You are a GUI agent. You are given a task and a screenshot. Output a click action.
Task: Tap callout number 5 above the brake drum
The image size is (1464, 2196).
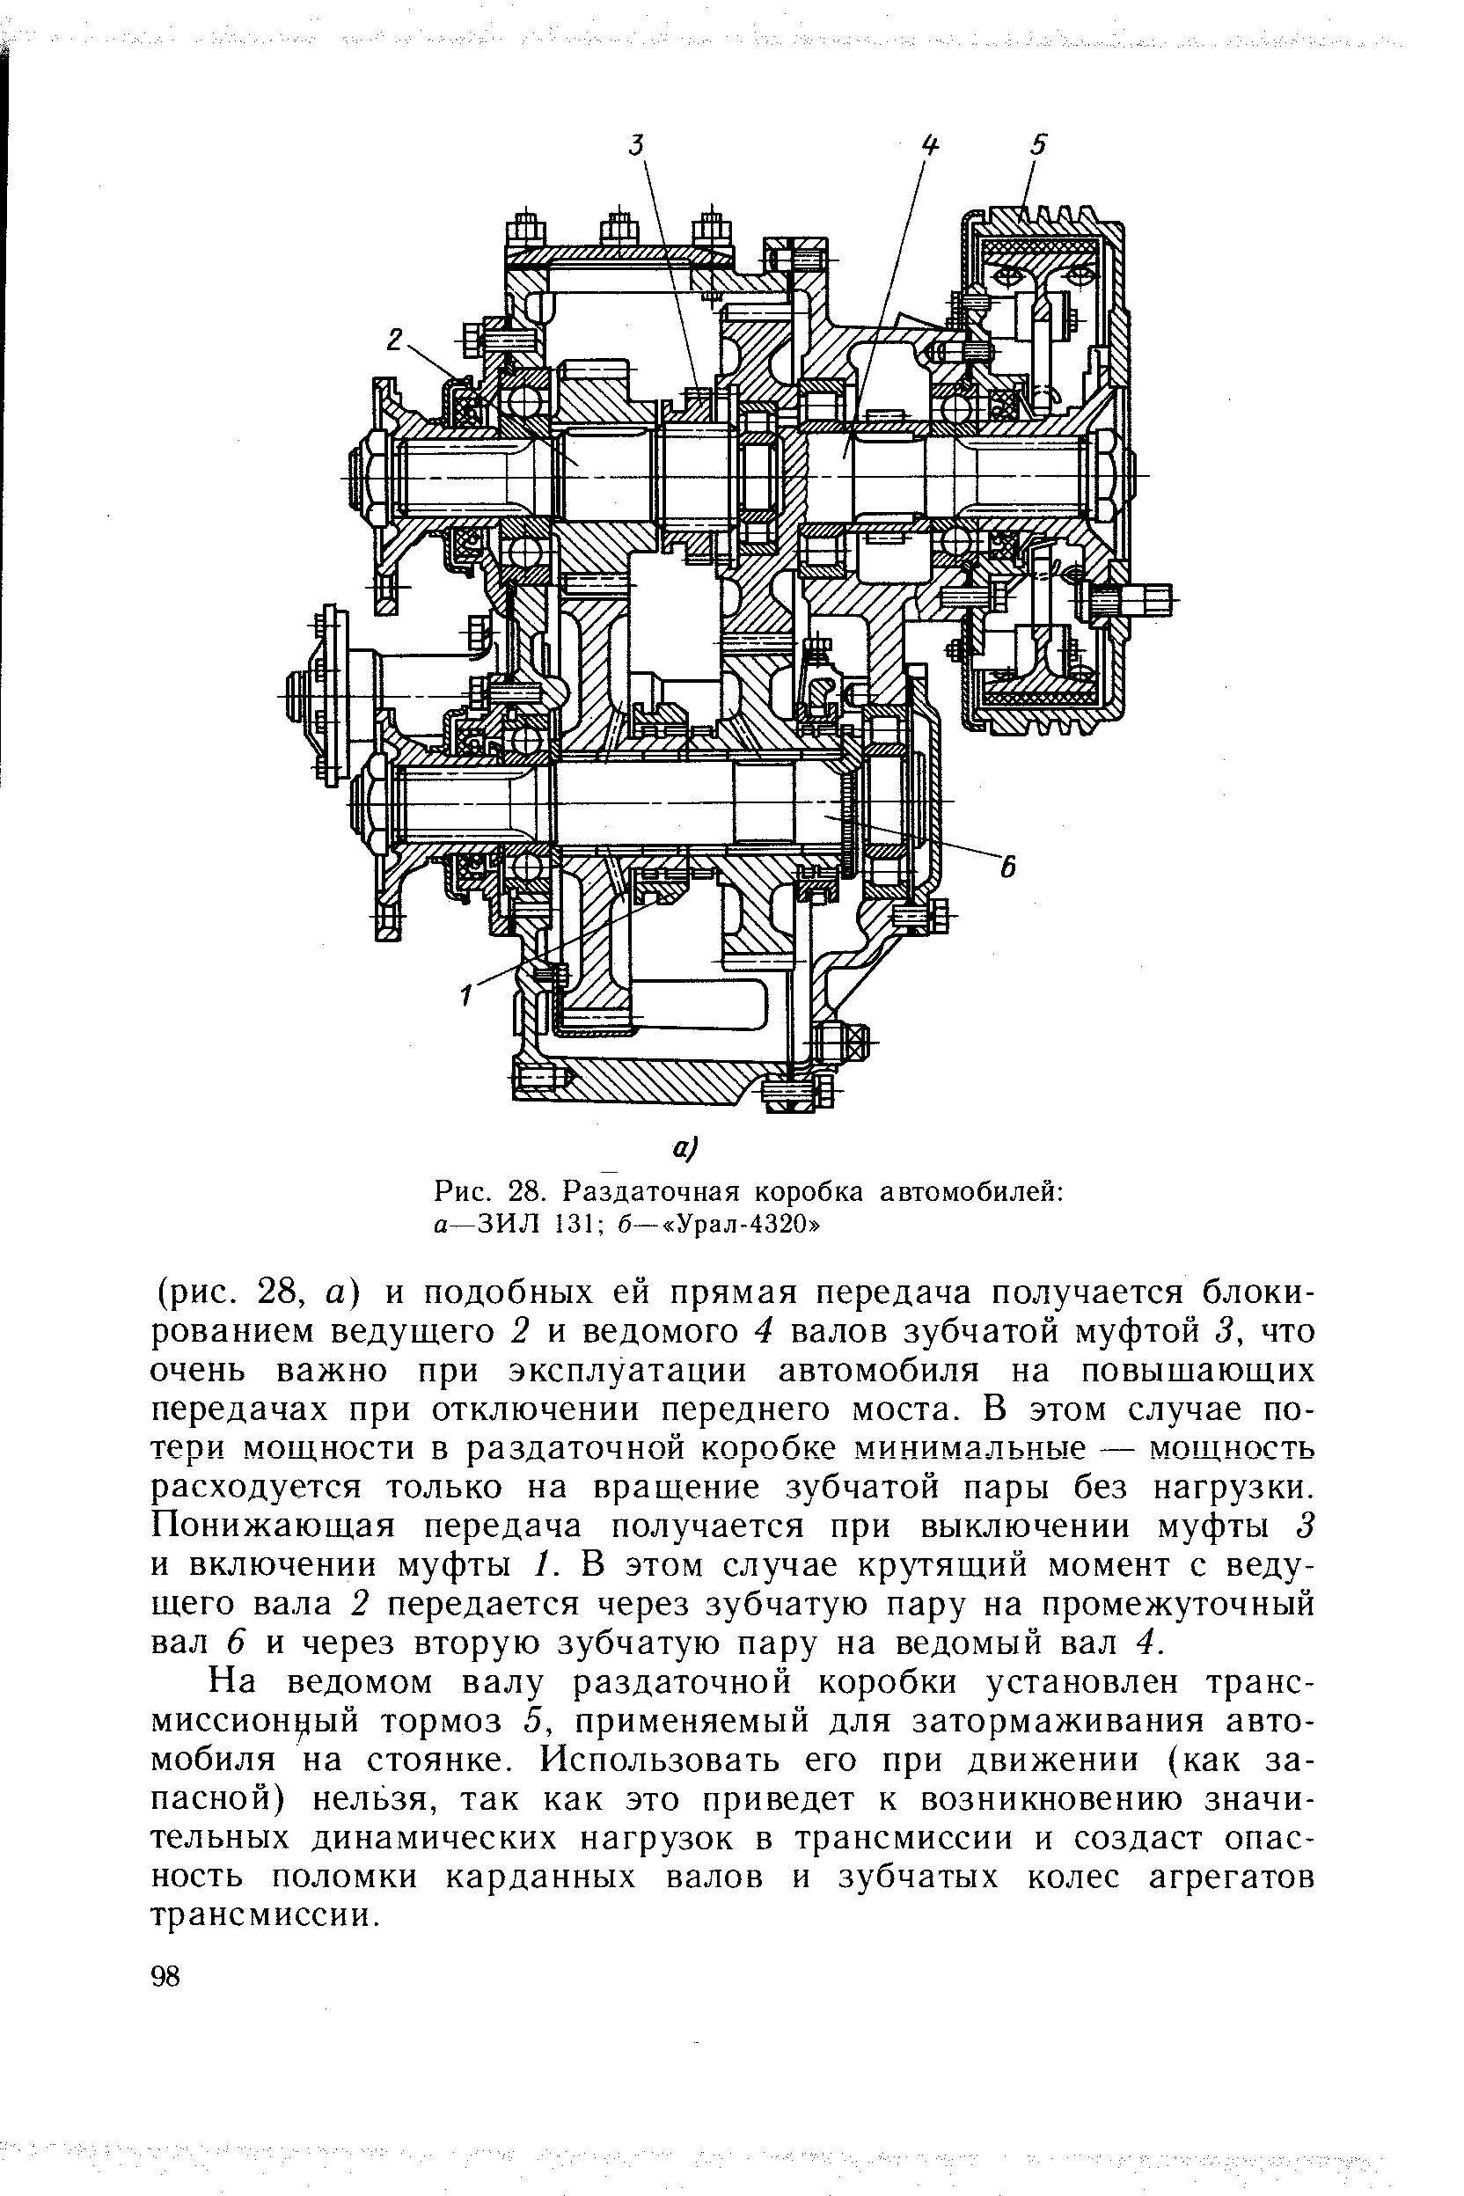click(1039, 144)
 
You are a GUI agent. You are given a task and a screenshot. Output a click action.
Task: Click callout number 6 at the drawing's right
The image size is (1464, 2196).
click(1007, 868)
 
